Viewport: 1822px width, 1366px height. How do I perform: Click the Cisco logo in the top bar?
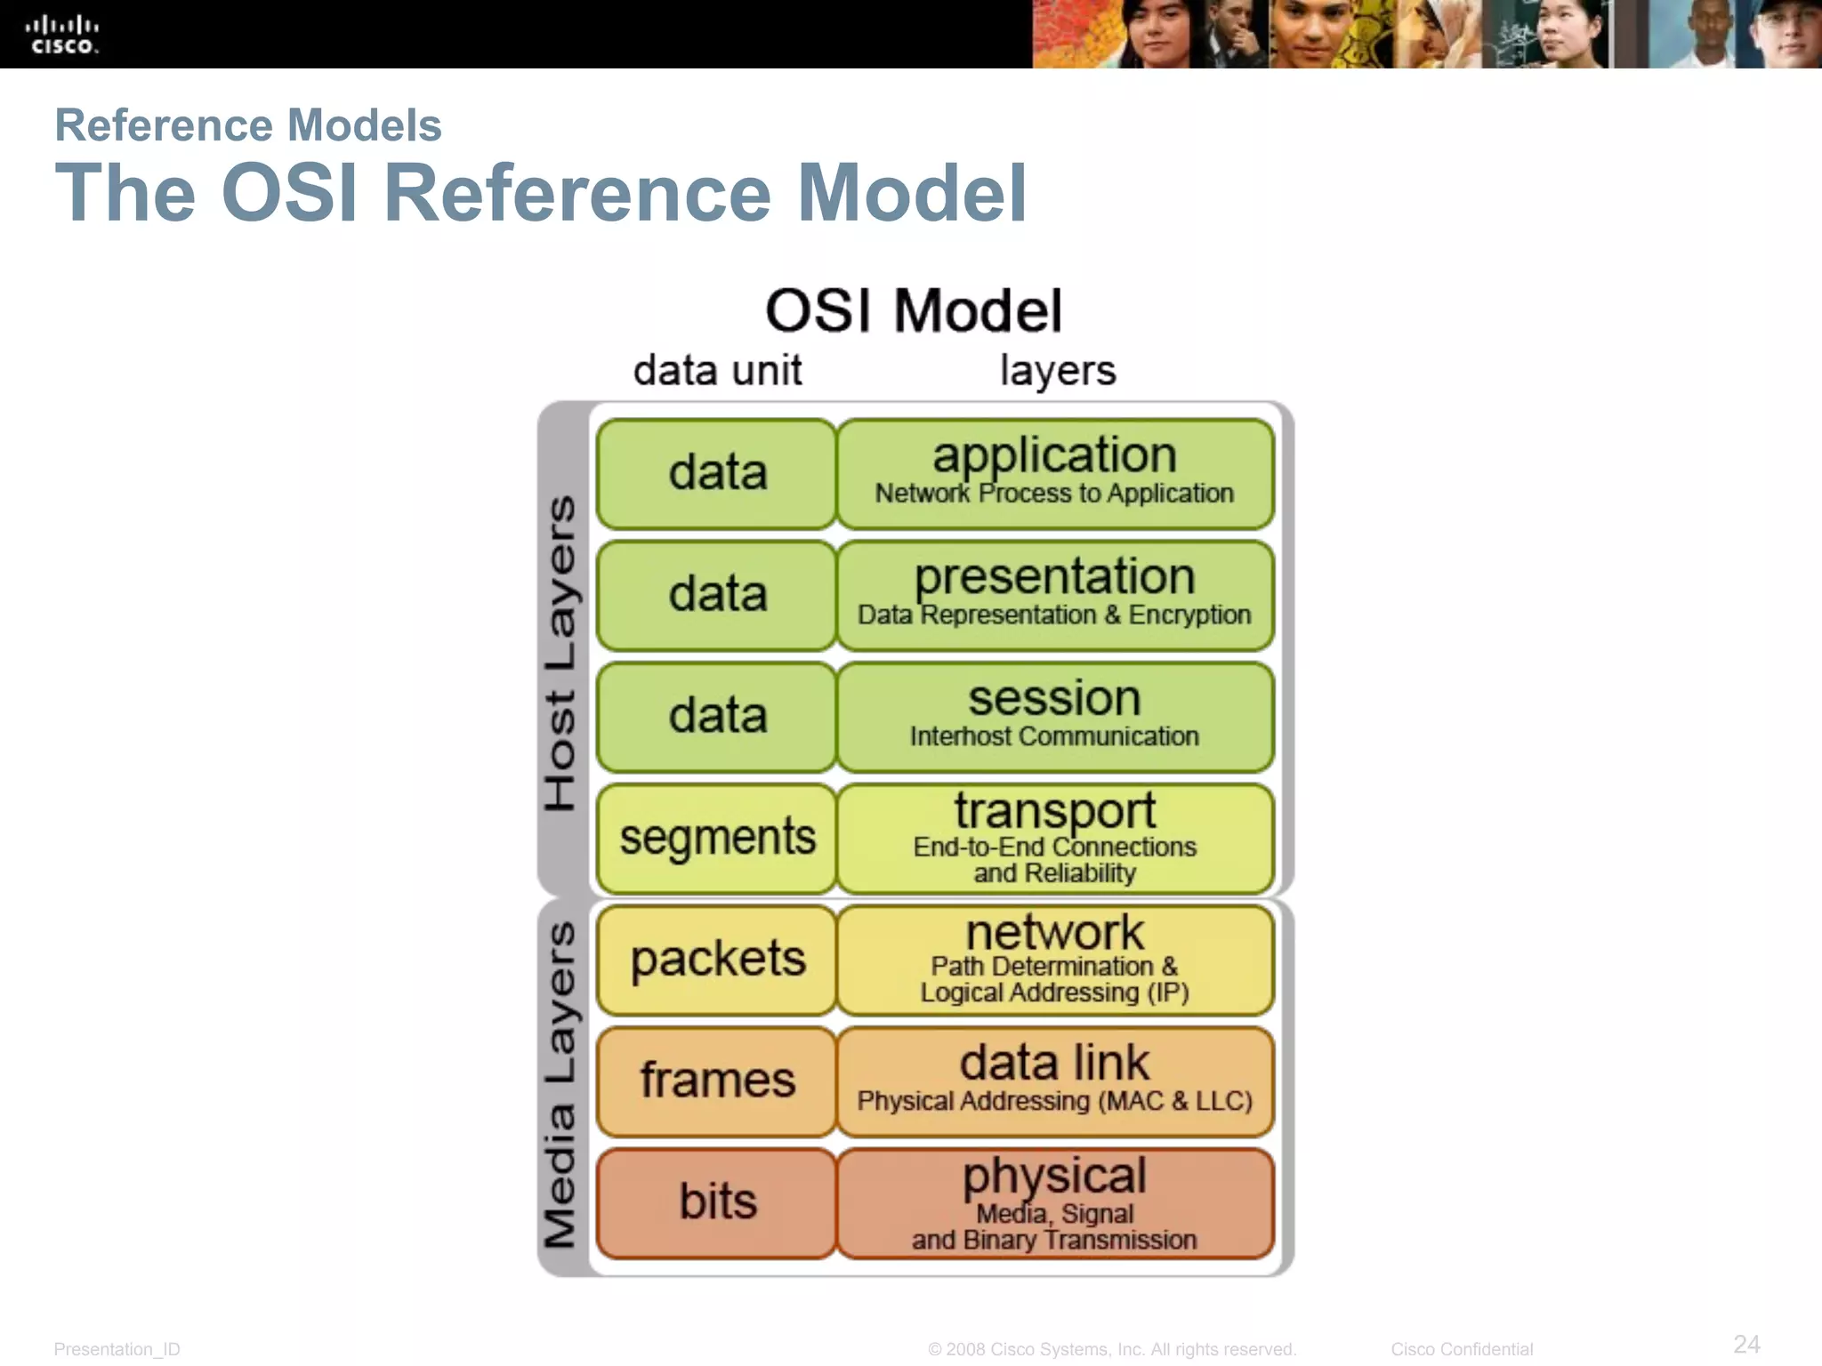point(61,35)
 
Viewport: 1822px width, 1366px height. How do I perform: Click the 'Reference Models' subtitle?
point(248,125)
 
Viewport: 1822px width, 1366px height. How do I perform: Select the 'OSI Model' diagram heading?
point(914,311)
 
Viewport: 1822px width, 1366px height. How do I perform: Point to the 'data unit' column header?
point(717,370)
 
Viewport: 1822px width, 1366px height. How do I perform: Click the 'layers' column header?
point(1057,370)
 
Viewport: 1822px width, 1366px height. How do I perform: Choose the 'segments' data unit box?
point(717,838)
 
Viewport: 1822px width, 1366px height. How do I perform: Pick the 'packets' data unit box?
point(717,960)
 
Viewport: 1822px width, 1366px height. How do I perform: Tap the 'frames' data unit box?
point(717,1081)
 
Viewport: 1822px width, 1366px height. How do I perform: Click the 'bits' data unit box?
point(717,1202)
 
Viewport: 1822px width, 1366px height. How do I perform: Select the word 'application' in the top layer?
point(1054,455)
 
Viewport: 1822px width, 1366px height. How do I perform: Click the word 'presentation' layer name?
point(1054,577)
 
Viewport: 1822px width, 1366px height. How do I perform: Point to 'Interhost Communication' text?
point(1054,736)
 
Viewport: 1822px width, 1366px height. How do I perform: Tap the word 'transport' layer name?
point(1054,810)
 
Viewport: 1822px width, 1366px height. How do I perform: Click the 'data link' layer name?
point(1054,1063)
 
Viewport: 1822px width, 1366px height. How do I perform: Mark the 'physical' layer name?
point(1054,1176)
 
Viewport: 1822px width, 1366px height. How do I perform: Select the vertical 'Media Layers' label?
point(560,1085)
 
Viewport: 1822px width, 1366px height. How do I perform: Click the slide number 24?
point(1746,1344)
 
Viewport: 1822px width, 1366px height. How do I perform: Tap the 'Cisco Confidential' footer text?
point(1462,1349)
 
